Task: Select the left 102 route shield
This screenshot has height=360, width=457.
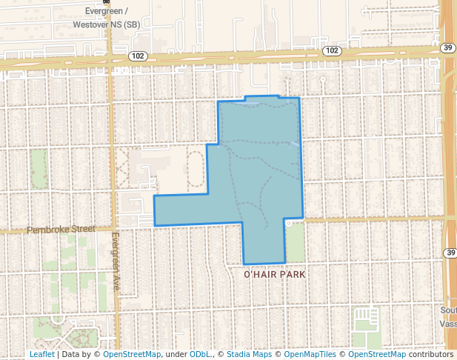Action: pos(137,56)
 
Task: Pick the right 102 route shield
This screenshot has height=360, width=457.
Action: pos(333,50)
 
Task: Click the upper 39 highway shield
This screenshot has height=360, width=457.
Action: pos(447,47)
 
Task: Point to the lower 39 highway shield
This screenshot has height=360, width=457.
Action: pos(450,253)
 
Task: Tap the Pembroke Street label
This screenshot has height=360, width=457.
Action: pos(61,230)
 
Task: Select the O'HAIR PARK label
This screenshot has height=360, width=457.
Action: pos(275,274)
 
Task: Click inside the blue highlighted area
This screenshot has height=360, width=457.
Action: pos(259,170)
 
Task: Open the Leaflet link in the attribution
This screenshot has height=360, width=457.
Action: pos(41,354)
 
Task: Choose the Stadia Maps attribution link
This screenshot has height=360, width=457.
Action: pos(249,354)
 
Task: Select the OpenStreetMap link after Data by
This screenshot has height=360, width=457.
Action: pos(132,354)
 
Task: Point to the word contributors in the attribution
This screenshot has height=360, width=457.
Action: pos(431,354)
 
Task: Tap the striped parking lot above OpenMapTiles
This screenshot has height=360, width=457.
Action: pos(365,319)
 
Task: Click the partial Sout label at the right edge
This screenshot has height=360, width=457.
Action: pos(449,310)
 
